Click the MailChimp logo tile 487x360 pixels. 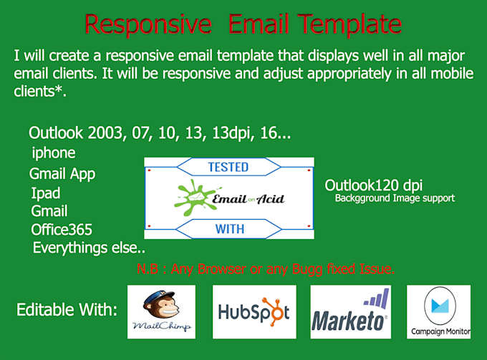[x=161, y=311]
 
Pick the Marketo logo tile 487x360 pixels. [x=351, y=312]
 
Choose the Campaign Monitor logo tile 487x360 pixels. [x=438, y=312]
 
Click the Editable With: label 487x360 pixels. [x=67, y=311]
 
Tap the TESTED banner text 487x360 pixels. [x=228, y=167]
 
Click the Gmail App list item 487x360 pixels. [x=62, y=174]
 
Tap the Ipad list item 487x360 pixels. [x=46, y=193]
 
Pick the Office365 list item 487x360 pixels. [x=62, y=230]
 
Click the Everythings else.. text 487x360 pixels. [x=88, y=248]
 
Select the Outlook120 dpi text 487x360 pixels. [x=373, y=185]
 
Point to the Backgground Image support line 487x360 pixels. [x=395, y=198]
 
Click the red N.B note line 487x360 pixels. [x=266, y=270]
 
